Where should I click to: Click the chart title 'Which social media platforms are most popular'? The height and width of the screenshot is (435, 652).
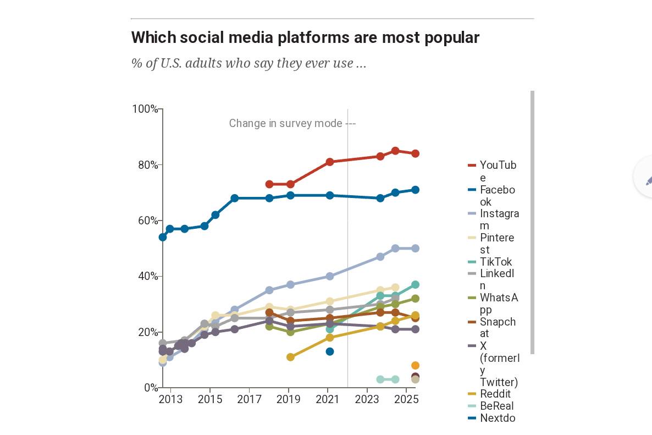coord(305,37)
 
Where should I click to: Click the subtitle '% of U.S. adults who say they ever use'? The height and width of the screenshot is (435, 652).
coord(248,63)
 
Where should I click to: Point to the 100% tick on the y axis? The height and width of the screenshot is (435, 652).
coord(145,109)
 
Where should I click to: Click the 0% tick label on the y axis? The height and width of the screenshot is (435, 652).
coord(151,388)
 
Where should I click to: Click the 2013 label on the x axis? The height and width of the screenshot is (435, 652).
coord(170,399)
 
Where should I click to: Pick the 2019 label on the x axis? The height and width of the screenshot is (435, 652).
coord(288,399)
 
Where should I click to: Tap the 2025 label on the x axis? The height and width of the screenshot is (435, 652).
coord(406,399)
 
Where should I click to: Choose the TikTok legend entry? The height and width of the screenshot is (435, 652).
coord(495,262)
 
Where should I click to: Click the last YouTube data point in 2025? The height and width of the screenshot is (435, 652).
coord(415,153)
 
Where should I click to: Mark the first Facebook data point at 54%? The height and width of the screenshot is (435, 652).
coord(163,237)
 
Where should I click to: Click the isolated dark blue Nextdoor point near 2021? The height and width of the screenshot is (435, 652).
coord(330,351)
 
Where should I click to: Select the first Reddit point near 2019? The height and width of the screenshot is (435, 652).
coord(290,357)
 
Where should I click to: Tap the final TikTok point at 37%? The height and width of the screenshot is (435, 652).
coord(415,284)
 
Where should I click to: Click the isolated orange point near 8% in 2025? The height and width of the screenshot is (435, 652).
coord(415,365)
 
